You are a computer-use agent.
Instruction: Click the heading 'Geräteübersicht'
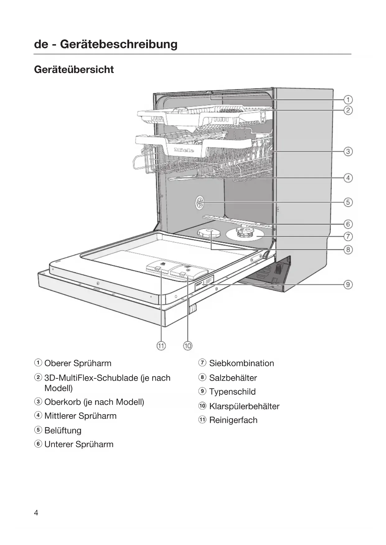[74, 69]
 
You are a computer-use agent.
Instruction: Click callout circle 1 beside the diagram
[348, 100]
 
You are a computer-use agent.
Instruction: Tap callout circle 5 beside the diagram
[348, 202]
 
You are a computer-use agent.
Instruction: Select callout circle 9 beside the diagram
[348, 284]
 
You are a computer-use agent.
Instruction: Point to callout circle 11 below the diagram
[161, 346]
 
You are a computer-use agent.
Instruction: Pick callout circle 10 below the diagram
[188, 346]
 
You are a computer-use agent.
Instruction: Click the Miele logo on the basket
[184, 150]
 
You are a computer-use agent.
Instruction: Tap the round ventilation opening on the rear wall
[200, 204]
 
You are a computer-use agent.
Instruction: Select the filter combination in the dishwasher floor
[244, 233]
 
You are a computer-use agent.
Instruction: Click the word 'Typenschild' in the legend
[232, 392]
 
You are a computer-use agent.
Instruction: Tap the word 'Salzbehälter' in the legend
[233, 378]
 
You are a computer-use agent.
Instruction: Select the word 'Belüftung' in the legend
[63, 430]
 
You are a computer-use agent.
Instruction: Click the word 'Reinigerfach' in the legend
[233, 420]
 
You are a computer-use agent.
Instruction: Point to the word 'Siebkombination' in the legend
[241, 363]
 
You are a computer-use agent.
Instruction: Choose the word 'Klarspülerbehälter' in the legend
[244, 406]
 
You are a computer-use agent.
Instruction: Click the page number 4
[36, 513]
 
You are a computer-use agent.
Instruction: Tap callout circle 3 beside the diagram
[348, 152]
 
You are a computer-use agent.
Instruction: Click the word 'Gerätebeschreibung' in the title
[119, 44]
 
